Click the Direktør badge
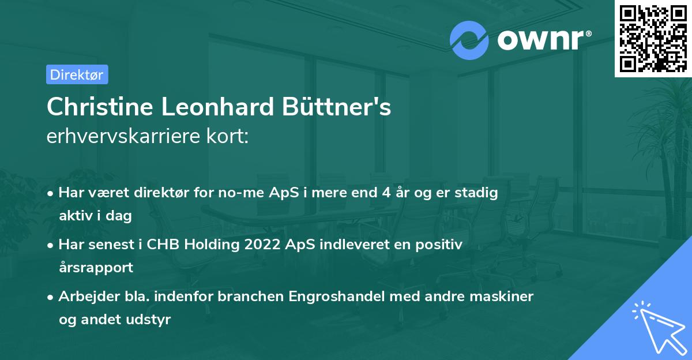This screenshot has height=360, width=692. point(77,74)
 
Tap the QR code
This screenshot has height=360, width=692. point(653,38)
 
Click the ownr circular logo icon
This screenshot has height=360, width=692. point(469,40)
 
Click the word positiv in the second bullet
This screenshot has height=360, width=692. point(442,245)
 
